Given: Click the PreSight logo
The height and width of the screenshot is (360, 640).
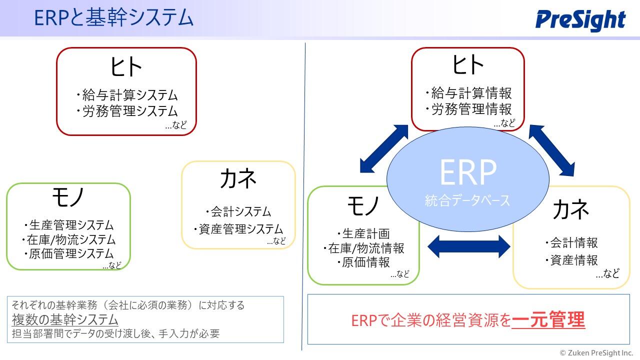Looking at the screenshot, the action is pyautogui.click(x=580, y=20).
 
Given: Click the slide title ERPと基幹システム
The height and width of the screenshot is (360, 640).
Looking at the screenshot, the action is pyautogui.click(x=113, y=17).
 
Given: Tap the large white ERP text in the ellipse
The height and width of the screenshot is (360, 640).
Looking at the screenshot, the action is pyautogui.click(x=468, y=172).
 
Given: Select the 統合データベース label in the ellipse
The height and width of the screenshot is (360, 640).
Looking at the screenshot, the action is pyautogui.click(x=467, y=200).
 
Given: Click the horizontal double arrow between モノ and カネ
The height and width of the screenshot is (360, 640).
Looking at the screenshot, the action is pyautogui.click(x=469, y=246).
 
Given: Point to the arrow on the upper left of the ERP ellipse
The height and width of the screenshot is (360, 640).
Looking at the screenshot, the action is pyautogui.click(x=383, y=149).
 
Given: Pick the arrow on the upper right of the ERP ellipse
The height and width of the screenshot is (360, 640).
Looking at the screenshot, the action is pyautogui.click(x=551, y=150).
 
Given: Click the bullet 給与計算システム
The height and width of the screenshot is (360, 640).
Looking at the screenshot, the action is pyautogui.click(x=127, y=95).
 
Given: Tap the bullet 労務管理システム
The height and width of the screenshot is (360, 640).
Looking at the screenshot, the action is pyautogui.click(x=127, y=111).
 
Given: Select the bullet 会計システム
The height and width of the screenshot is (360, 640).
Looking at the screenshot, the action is pyautogui.click(x=238, y=211).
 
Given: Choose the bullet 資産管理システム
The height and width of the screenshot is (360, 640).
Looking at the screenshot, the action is pyautogui.click(x=238, y=229).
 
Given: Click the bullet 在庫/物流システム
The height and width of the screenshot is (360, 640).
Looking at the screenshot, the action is pyautogui.click(x=68, y=239).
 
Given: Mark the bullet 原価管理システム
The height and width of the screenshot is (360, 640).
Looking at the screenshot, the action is pyautogui.click(x=69, y=253).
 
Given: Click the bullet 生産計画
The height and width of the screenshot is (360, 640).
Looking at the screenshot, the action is pyautogui.click(x=363, y=233).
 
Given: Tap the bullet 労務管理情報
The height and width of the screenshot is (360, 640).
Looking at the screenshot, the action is pyautogui.click(x=468, y=109).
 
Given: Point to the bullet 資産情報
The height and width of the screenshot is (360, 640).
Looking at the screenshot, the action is pyautogui.click(x=571, y=260).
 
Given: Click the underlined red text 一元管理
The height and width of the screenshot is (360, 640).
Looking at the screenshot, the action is pyautogui.click(x=548, y=319).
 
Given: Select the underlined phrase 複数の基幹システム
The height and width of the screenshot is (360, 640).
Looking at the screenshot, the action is pyautogui.click(x=65, y=319).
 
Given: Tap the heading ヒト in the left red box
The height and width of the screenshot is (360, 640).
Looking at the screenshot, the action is pyautogui.click(x=126, y=66).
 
